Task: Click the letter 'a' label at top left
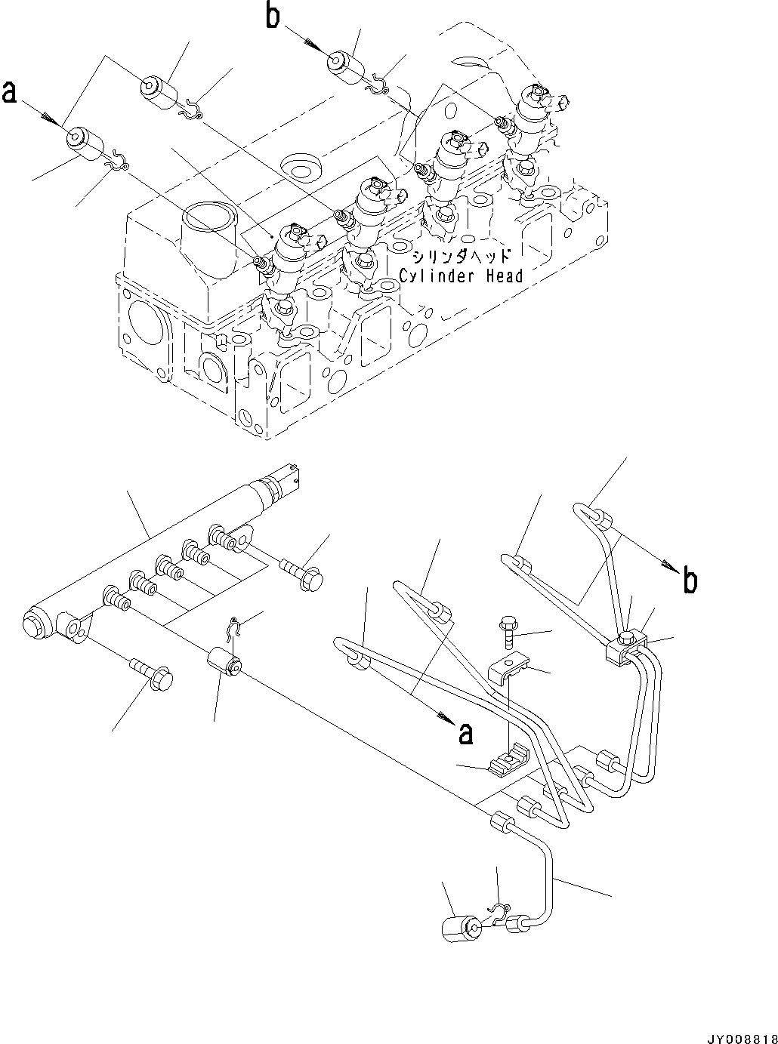pyautogui.click(x=10, y=91)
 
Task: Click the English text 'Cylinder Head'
pyautogui.click(x=461, y=276)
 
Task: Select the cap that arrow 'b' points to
pyautogui.click(x=344, y=63)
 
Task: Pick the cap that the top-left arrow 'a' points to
pyautogui.click(x=83, y=143)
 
